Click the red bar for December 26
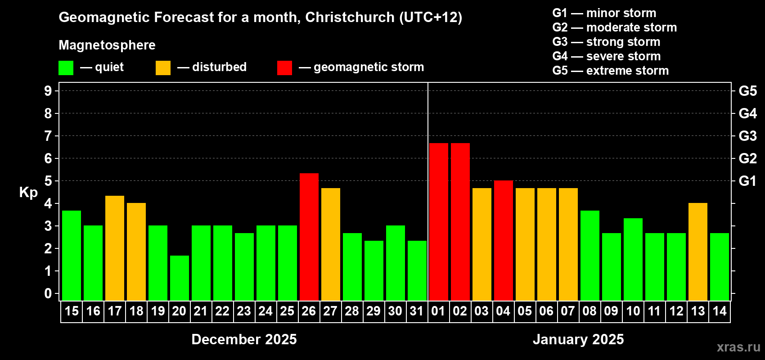(x=309, y=237)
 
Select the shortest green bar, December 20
(x=180, y=278)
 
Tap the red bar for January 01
(x=439, y=222)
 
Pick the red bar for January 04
(x=504, y=240)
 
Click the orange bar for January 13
(x=698, y=252)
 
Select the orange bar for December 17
(x=115, y=248)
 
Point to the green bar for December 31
(x=417, y=270)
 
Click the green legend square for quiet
(x=66, y=68)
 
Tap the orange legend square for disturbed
(x=163, y=68)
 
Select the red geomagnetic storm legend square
(x=284, y=68)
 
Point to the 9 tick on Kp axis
(x=48, y=91)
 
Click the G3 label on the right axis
(x=747, y=136)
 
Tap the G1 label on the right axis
(x=747, y=181)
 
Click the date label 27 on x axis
(x=330, y=311)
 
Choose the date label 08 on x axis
(x=589, y=311)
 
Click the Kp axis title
(x=28, y=193)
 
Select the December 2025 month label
(x=244, y=339)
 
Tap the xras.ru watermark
(x=738, y=347)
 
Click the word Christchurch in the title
(x=350, y=17)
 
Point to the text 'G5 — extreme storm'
(x=610, y=71)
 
